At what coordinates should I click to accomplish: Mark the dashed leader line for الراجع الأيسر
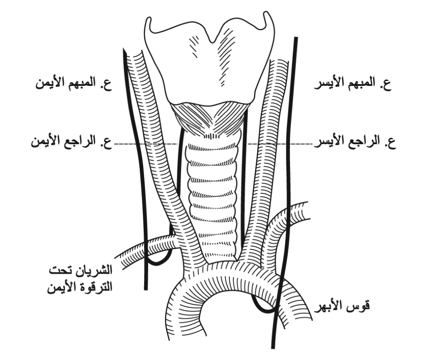coord(280,143)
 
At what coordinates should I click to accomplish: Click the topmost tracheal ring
coord(212,148)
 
